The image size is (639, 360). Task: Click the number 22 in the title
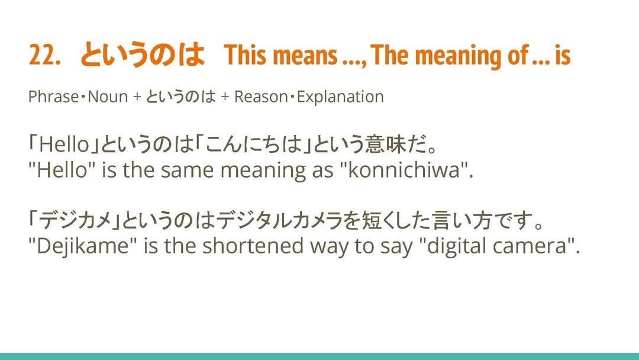(43, 55)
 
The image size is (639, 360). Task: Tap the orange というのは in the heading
(143, 54)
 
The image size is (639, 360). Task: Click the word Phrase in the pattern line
(53, 97)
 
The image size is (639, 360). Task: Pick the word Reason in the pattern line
(261, 97)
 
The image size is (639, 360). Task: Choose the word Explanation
(340, 97)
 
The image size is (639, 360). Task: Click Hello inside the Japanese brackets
(64, 144)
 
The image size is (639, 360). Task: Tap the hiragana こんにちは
(253, 144)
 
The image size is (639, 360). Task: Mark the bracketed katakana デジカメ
(75, 221)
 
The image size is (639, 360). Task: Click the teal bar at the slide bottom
(319, 356)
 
